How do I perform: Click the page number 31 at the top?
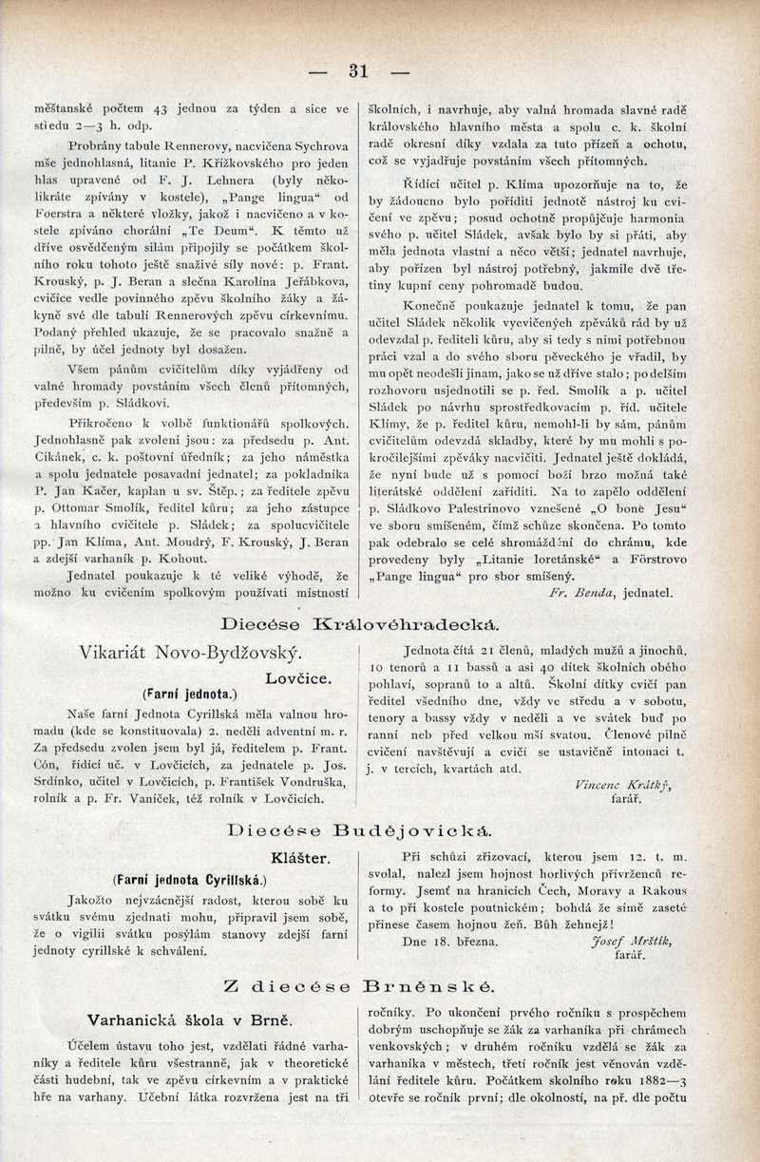click(358, 71)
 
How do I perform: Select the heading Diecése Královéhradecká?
click(360, 625)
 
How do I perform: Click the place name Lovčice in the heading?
click(298, 678)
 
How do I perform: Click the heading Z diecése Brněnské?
click(360, 988)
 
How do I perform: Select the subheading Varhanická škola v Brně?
click(189, 1019)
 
